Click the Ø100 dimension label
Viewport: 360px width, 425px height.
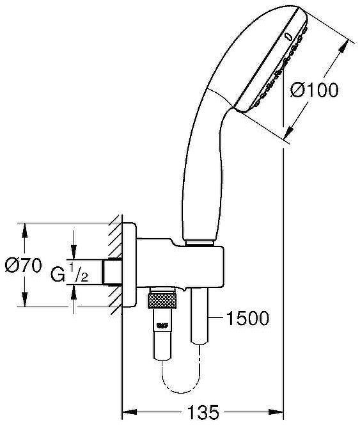point(314,91)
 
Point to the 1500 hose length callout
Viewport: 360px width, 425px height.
point(246,318)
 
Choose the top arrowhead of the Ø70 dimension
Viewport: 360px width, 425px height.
point(25,227)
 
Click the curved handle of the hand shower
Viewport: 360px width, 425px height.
point(203,160)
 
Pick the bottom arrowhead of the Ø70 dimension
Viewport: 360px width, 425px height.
point(25,303)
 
